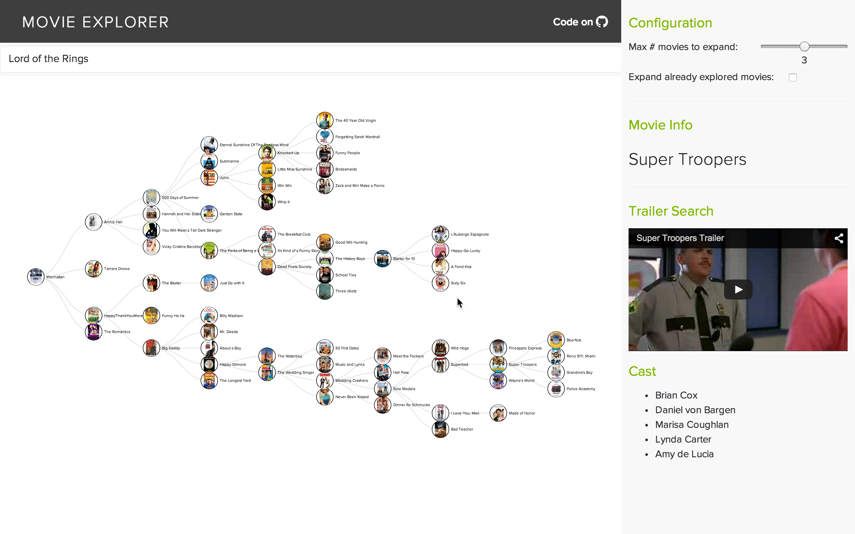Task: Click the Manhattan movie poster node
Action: pos(36,277)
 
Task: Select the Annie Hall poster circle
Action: pos(94,222)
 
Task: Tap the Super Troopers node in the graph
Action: pos(498,364)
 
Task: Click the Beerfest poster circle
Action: pos(556,340)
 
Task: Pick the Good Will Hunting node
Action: pos(325,242)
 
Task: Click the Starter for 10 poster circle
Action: pos(382,259)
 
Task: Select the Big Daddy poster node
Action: pos(151,348)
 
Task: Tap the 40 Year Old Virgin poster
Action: pos(325,120)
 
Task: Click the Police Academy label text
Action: pos(580,389)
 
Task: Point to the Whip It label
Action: pos(283,202)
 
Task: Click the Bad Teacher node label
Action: pos(462,429)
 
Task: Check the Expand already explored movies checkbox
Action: pos(793,77)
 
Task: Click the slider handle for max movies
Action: pos(805,46)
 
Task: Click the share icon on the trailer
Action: pos(839,238)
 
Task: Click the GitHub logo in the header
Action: pos(602,22)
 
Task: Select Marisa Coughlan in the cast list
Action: pos(691,425)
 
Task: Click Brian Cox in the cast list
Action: pos(676,395)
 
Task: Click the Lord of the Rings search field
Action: pos(311,59)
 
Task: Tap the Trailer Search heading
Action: pos(671,211)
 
